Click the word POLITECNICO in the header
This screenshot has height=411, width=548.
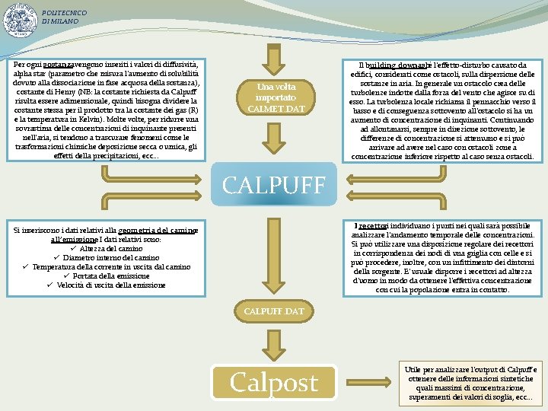tap(65, 13)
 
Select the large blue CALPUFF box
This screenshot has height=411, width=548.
tap(273, 183)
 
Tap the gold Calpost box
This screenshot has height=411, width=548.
tap(274, 382)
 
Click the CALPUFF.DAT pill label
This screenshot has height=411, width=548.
tap(273, 311)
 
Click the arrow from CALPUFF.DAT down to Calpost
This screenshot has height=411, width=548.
tap(273, 342)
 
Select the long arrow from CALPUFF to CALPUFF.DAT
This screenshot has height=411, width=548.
tap(273, 251)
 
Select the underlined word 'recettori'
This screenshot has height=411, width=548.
tap(374, 226)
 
